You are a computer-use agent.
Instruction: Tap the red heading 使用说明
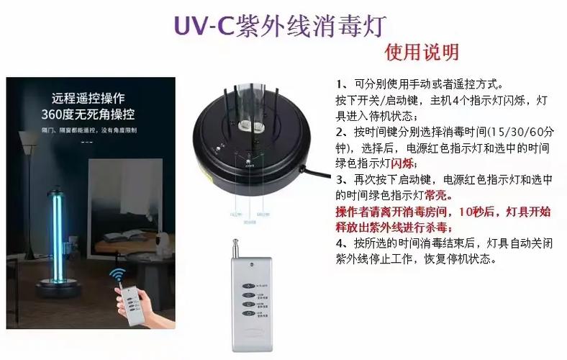[x=422, y=53]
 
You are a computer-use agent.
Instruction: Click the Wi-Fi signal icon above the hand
[x=117, y=276]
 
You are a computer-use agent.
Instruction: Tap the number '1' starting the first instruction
[x=339, y=84]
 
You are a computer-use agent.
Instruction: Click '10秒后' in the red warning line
[x=471, y=212]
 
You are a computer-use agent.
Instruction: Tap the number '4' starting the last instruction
[x=340, y=243]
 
